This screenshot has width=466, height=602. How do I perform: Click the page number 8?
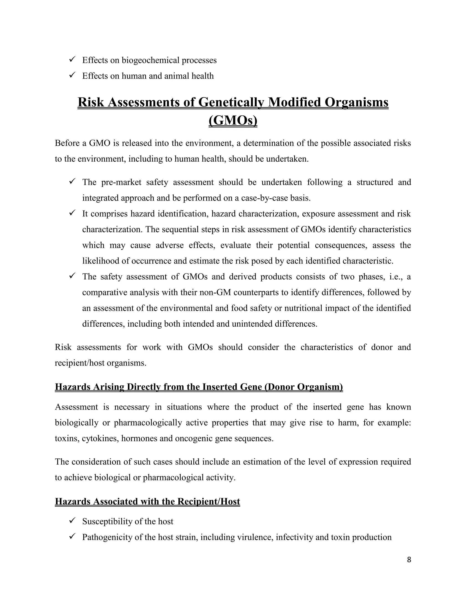click(409, 560)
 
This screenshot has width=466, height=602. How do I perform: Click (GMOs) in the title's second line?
click(233, 120)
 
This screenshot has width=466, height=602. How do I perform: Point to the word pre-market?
click(121, 182)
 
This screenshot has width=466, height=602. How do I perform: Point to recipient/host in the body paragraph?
click(79, 363)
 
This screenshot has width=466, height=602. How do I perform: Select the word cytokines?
click(100, 438)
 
